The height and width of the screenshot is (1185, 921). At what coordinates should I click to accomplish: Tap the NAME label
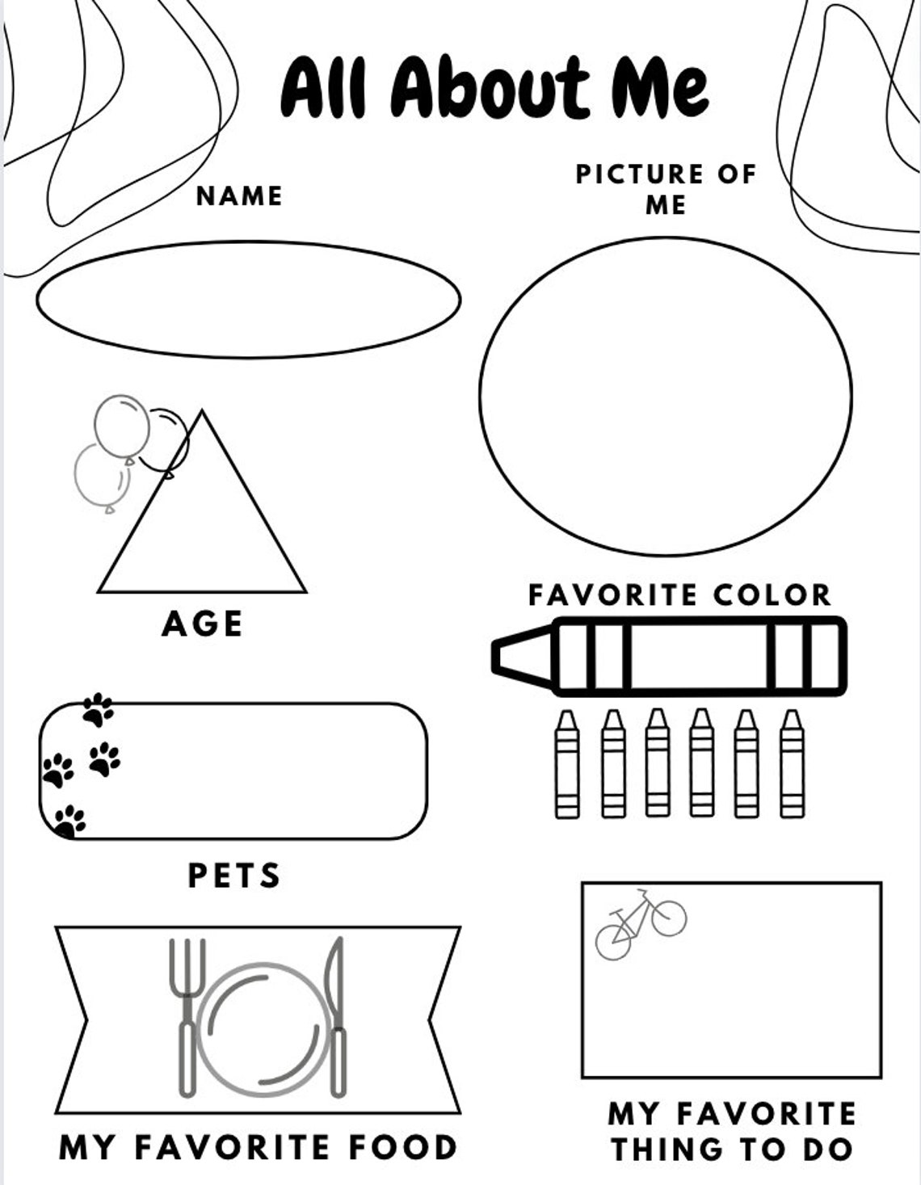coord(239,195)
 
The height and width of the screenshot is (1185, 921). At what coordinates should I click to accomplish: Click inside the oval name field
coord(248,300)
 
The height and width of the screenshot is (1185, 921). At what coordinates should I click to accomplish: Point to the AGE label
coord(202,624)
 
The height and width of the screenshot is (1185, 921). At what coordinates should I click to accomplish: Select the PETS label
coord(234,875)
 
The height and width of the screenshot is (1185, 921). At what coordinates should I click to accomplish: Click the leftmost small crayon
coord(567,764)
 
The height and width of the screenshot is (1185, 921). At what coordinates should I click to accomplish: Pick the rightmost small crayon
coord(792,764)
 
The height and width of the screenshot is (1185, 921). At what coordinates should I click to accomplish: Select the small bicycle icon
coord(641,924)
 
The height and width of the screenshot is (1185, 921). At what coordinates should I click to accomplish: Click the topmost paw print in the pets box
coord(98,710)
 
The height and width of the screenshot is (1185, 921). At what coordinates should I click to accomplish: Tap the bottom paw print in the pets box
coord(69,821)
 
